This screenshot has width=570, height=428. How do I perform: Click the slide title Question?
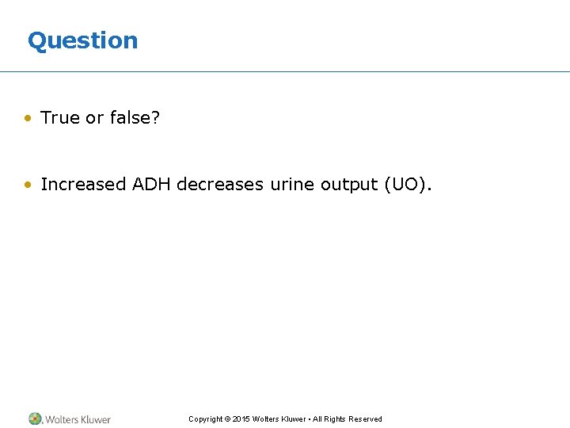click(82, 40)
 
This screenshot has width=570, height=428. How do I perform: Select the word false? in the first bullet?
click(135, 118)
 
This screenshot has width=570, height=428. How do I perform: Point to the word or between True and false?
click(94, 118)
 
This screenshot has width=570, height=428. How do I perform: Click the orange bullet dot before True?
click(28, 119)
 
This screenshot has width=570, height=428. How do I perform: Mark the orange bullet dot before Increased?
click(28, 185)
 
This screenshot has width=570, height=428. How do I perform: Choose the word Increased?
click(83, 185)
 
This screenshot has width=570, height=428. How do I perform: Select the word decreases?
click(220, 185)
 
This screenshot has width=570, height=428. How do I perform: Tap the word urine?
click(292, 185)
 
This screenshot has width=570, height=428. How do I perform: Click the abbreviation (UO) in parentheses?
click(408, 185)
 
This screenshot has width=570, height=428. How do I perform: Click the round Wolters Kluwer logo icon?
click(35, 418)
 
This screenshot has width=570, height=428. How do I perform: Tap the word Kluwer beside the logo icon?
click(95, 419)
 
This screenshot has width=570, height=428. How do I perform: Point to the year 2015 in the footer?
click(241, 419)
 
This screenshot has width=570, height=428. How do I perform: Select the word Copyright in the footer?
click(205, 419)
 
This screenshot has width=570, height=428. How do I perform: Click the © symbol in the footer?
click(227, 419)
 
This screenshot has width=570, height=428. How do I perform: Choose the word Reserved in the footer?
click(365, 419)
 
